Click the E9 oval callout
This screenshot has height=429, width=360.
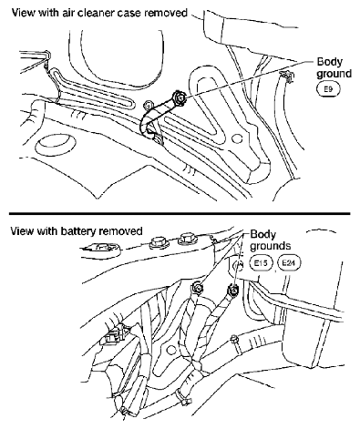tap(328, 89)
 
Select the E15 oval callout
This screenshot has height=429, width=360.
tap(262, 263)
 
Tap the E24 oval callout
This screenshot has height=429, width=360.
tap(289, 263)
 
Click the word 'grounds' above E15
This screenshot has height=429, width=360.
tap(271, 246)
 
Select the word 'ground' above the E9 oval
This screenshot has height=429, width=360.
tap(334, 74)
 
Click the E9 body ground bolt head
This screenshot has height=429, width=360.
tap(179, 97)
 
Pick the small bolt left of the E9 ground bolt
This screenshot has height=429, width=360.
tap(148, 105)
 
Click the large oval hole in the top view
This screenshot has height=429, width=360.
tap(55, 146)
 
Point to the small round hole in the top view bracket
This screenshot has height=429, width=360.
tap(236, 138)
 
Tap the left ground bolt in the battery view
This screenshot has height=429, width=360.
tap(198, 287)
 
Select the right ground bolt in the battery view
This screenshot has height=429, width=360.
tap(233, 291)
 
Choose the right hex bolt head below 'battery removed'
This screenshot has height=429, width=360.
tap(187, 239)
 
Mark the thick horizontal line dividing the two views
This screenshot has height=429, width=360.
tap(180, 213)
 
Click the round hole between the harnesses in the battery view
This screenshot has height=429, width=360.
tap(171, 350)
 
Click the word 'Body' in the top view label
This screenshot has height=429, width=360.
tap(329, 62)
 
